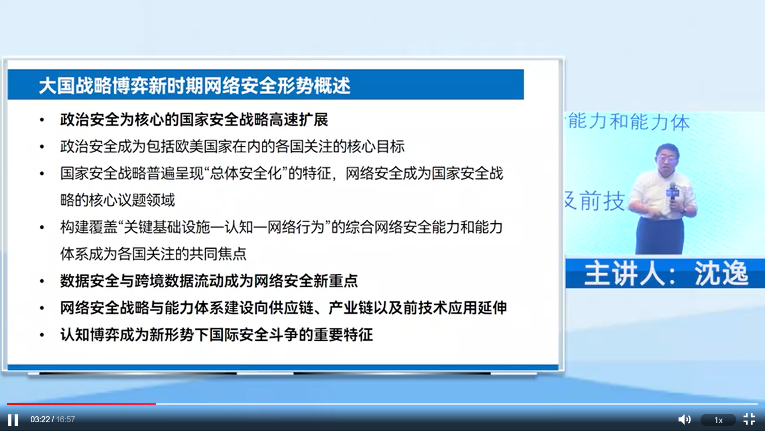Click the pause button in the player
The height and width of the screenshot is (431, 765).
[x=13, y=420]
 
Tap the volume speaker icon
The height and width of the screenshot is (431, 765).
[x=684, y=419]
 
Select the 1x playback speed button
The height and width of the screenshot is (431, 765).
[x=718, y=420]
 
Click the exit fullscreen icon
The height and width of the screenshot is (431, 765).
[x=749, y=419]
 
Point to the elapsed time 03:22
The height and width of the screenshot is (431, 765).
[x=40, y=419]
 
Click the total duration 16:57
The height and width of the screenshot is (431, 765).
[x=65, y=419]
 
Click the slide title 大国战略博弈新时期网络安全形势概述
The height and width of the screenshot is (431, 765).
[x=194, y=85]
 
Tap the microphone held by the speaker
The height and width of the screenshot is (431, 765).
[x=673, y=196]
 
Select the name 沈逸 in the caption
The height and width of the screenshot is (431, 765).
[x=722, y=273]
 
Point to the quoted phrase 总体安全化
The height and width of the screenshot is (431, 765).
[x=246, y=173]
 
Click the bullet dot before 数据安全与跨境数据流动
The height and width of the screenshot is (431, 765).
[x=42, y=281]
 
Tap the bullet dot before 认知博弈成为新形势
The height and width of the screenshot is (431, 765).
[x=42, y=335]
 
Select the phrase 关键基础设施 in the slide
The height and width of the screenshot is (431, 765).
[x=167, y=227]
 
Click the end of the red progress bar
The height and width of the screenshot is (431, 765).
[x=156, y=404]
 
